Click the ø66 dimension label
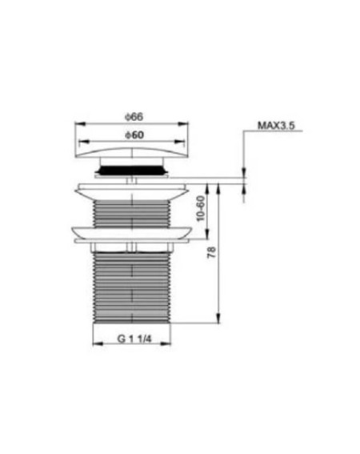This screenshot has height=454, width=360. pos(134,117)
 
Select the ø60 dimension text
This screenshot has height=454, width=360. pos(134,135)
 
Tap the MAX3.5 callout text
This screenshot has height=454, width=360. pos(276,126)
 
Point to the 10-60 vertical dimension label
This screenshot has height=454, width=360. pos(201,208)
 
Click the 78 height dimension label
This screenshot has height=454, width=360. pos(212,252)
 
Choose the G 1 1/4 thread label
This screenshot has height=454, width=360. pos(134,339)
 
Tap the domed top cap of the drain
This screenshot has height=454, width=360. pos(132,153)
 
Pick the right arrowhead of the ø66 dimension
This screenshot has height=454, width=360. pos(183,124)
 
